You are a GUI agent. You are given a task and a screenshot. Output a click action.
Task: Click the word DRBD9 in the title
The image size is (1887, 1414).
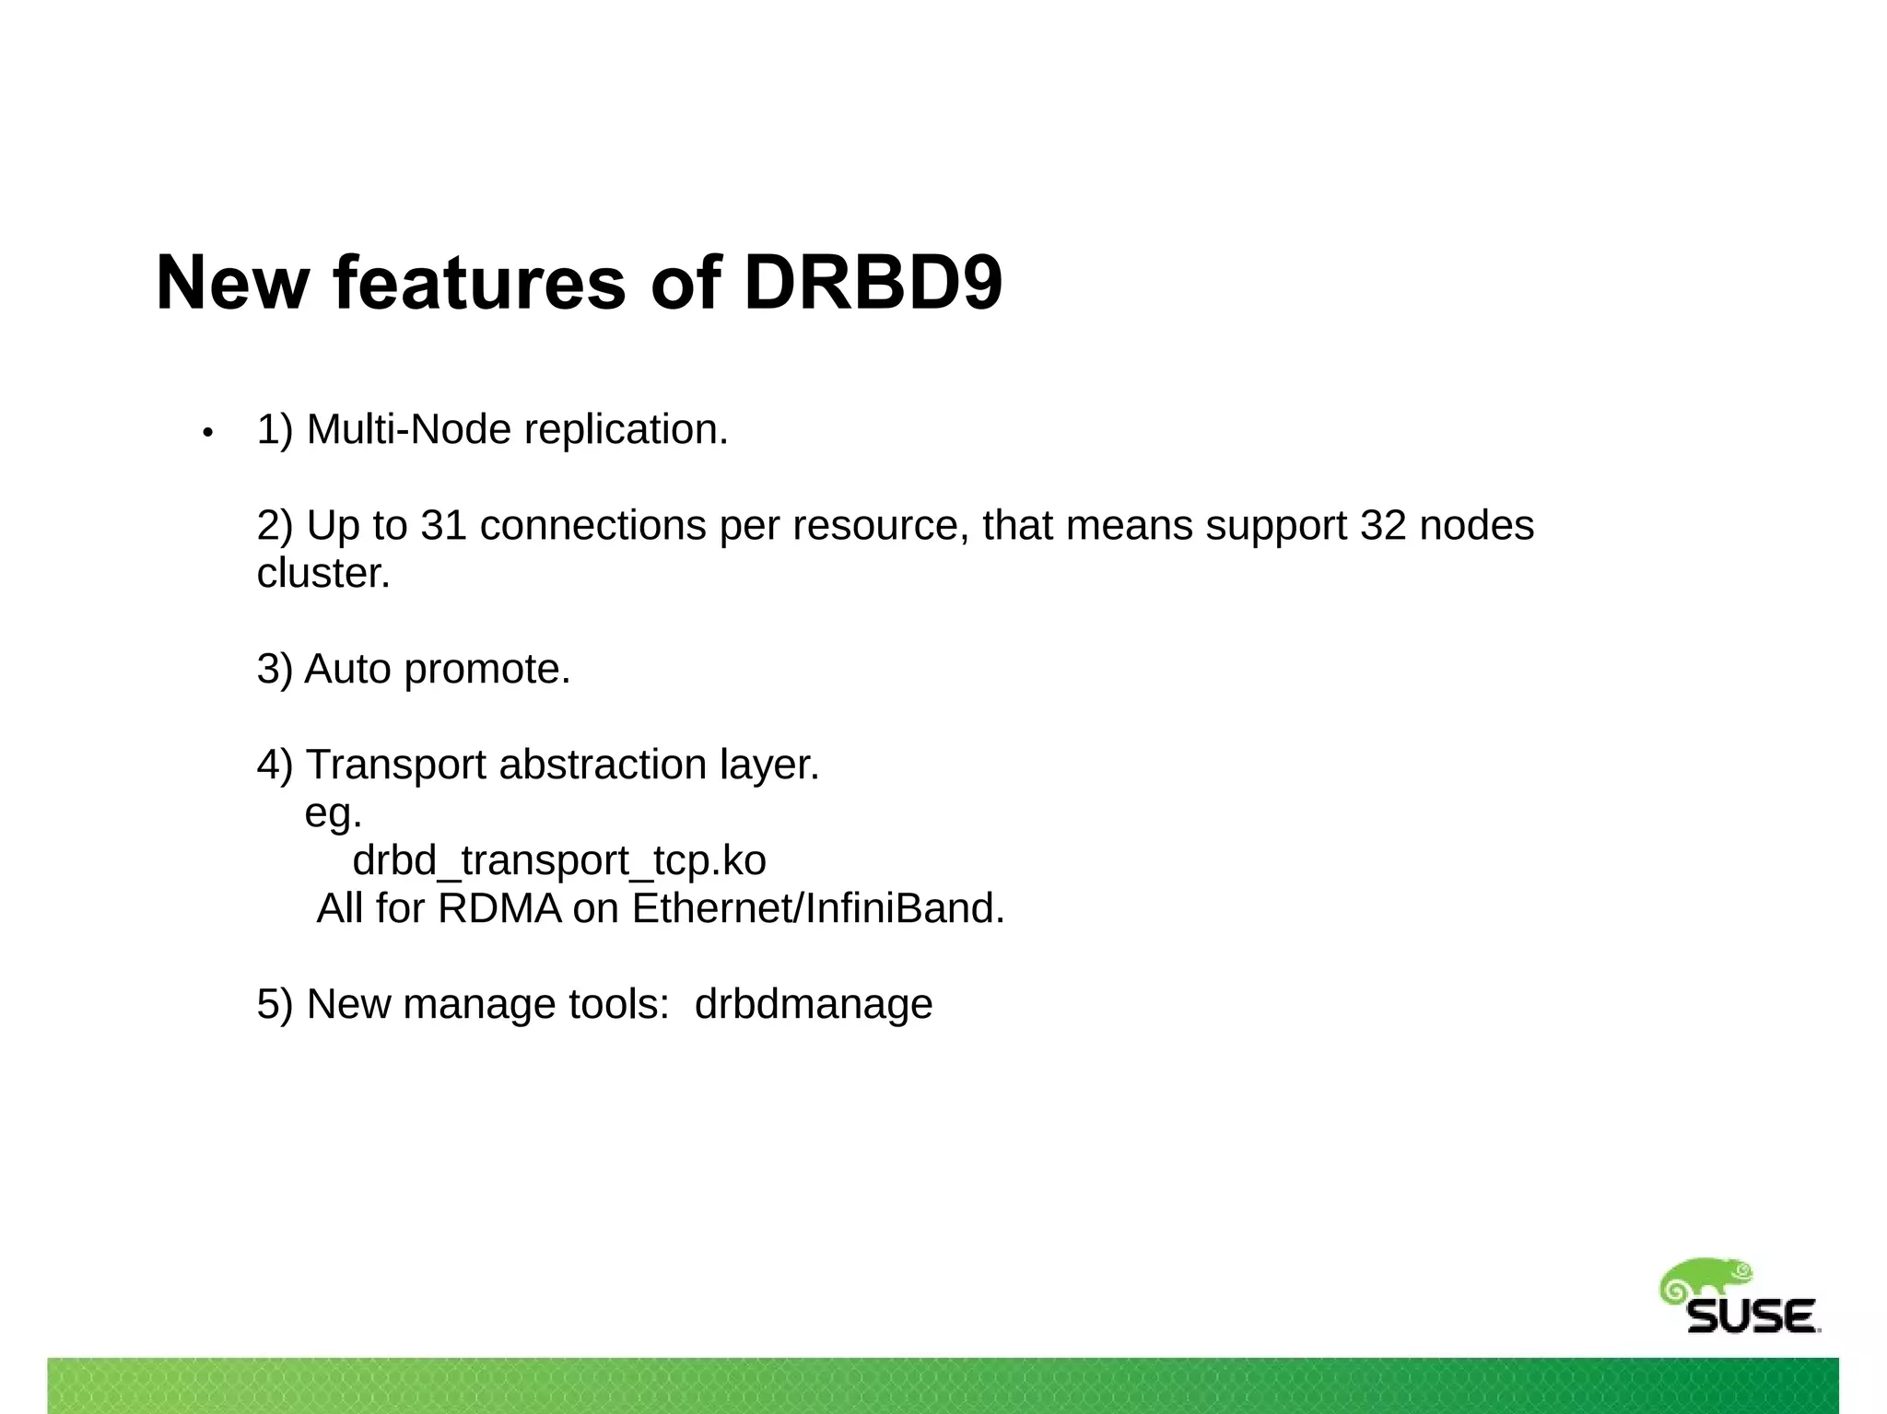pyautogui.click(x=872, y=283)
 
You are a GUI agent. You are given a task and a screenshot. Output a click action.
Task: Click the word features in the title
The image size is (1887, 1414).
pyautogui.click(x=479, y=283)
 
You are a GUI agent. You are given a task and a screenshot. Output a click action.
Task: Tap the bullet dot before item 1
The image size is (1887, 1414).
pyautogui.click(x=208, y=432)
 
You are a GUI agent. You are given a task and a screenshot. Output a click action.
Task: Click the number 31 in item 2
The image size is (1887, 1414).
pyautogui.click(x=443, y=525)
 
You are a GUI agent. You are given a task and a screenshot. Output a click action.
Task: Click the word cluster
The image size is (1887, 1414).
pyautogui.click(x=322, y=574)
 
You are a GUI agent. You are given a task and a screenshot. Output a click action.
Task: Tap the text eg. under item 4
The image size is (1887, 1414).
pyautogui.click(x=333, y=813)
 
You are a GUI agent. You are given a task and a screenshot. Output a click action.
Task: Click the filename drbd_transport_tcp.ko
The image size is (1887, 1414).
pyautogui.click(x=559, y=860)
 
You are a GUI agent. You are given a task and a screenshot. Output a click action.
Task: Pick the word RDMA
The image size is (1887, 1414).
pyautogui.click(x=498, y=908)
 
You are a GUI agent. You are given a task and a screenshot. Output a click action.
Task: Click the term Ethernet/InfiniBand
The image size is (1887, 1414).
pyautogui.click(x=817, y=908)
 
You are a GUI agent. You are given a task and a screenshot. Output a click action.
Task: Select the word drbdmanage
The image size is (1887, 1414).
pyautogui.click(x=813, y=1004)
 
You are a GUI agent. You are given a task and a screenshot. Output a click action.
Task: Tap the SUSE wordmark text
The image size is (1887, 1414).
pyautogui.click(x=1751, y=1316)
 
